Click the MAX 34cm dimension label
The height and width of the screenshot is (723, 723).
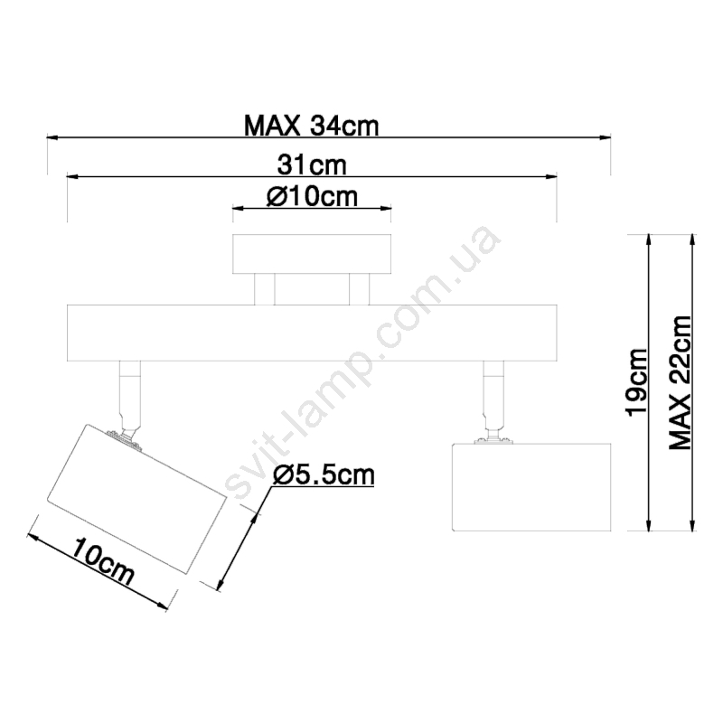click(x=311, y=126)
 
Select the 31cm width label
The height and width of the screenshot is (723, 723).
click(x=312, y=165)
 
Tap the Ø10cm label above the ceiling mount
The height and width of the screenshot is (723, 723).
click(x=312, y=197)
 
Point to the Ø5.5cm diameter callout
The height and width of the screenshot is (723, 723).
click(x=324, y=475)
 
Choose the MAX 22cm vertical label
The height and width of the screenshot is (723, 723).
click(x=681, y=382)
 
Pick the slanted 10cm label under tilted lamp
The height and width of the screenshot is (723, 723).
click(x=103, y=560)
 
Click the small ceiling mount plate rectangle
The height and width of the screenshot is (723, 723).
click(x=312, y=254)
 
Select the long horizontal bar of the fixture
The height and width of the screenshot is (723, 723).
click(x=312, y=333)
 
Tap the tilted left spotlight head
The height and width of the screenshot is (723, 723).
click(x=137, y=500)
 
